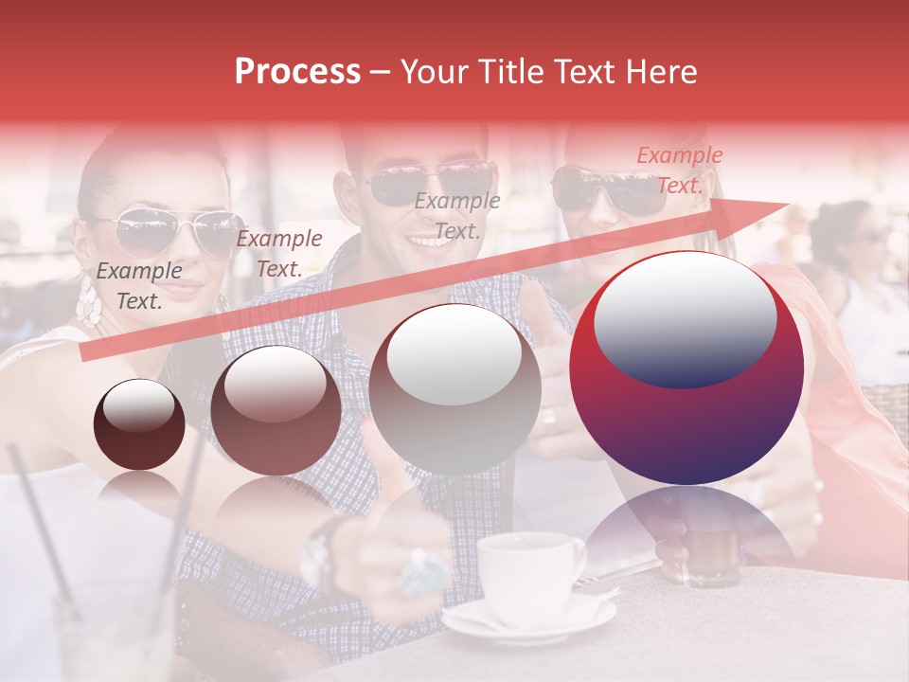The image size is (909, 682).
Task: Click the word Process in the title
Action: pos(297,72)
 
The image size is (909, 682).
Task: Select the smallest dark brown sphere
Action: pos(139,424)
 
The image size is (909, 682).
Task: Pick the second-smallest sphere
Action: pos(276,410)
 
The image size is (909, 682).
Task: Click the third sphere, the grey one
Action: pos(454,388)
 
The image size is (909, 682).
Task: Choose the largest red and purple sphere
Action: pos(686,368)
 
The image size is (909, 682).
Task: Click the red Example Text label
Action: pos(679,170)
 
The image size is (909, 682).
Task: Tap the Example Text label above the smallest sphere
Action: pos(139,286)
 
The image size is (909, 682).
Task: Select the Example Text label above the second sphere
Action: pos(278,254)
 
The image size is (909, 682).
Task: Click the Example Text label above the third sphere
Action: pos(457,216)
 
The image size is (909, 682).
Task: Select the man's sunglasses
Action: pos(431,182)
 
